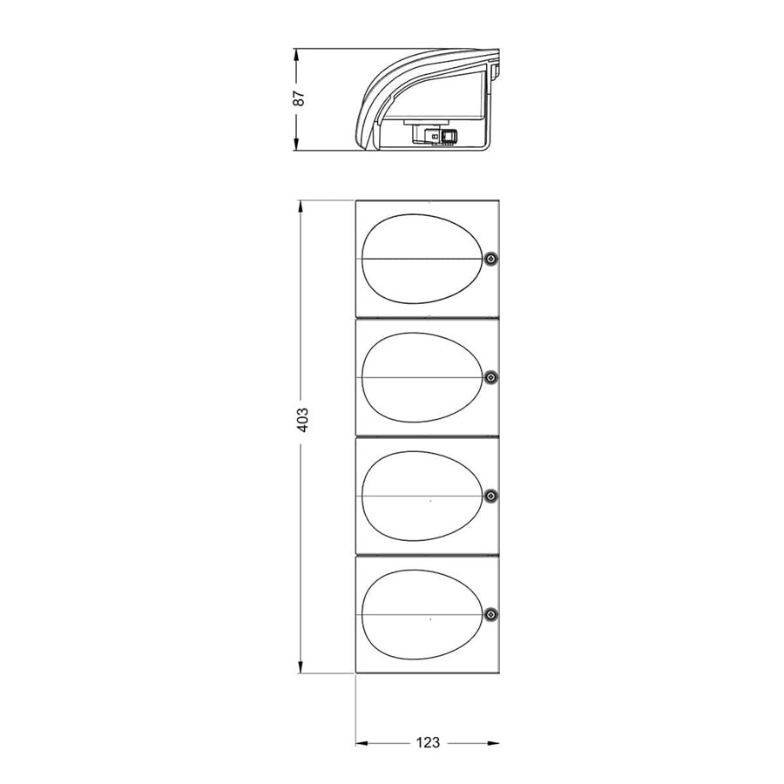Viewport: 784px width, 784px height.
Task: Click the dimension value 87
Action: click(299, 98)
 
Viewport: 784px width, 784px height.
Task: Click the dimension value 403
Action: click(303, 420)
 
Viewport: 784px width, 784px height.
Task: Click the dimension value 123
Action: click(428, 742)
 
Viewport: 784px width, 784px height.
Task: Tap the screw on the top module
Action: click(491, 258)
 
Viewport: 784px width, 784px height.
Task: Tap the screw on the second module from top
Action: click(491, 377)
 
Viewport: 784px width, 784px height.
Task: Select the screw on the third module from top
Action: click(491, 496)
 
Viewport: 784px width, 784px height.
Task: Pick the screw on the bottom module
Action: click(491, 614)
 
